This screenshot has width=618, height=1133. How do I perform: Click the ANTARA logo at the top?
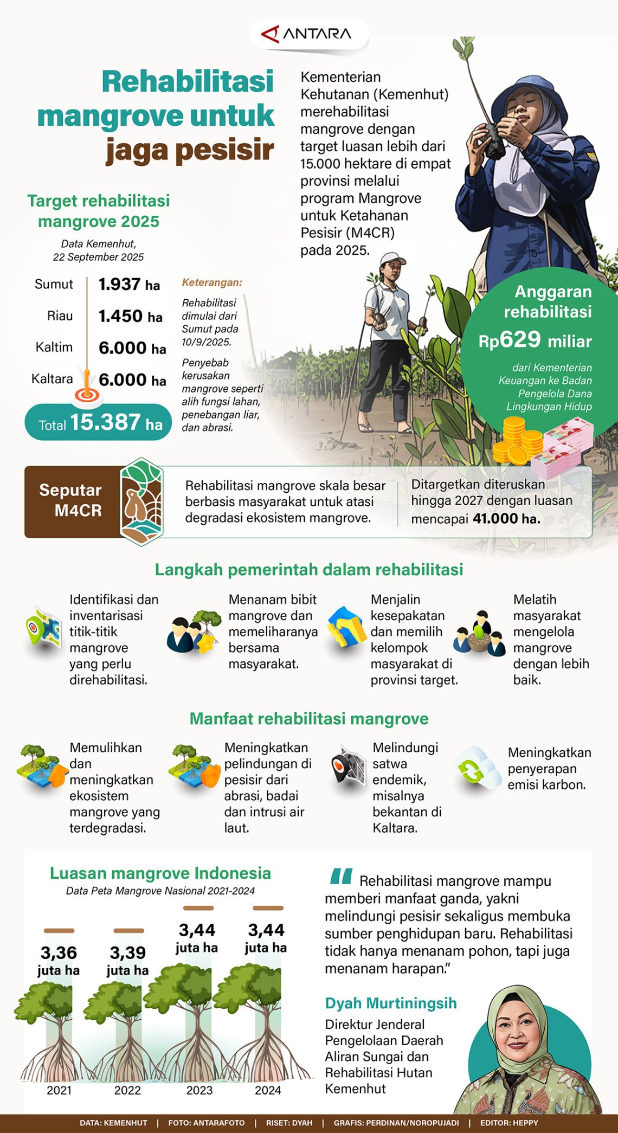[x=307, y=34]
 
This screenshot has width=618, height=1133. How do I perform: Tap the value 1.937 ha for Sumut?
[x=129, y=284]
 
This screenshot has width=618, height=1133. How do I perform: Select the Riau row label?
[x=60, y=316]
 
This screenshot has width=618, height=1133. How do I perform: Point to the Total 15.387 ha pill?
[x=98, y=422]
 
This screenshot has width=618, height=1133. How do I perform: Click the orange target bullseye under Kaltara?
[x=87, y=394]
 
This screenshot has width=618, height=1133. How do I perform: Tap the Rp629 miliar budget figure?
[x=535, y=340]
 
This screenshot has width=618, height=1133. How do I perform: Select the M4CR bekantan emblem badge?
[x=141, y=501]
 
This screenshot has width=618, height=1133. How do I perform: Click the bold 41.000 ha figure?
[x=506, y=519]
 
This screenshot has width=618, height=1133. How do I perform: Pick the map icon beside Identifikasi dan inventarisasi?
[x=43, y=629]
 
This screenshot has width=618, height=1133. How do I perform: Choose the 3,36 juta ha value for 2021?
[x=59, y=961]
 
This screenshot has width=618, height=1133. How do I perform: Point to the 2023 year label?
[x=199, y=1090]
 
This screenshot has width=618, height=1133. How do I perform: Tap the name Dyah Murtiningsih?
[x=390, y=1003]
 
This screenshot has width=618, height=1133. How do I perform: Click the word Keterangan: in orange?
[x=211, y=282]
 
